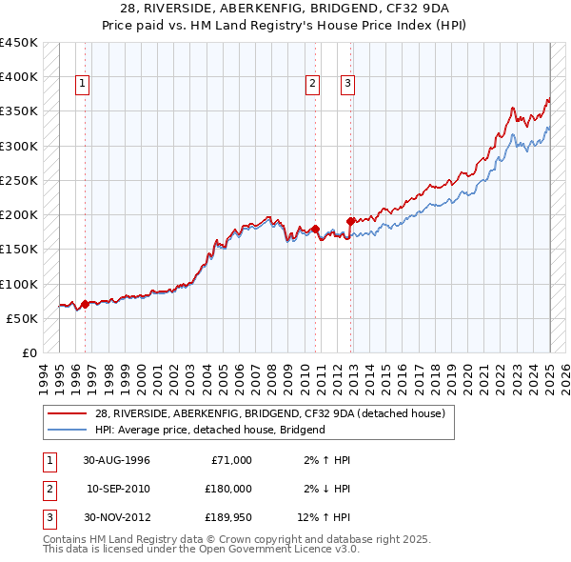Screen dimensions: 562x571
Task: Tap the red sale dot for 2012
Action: tap(351, 221)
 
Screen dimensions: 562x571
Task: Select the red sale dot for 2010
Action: tap(315, 229)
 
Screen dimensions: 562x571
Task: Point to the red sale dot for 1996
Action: tap(85, 304)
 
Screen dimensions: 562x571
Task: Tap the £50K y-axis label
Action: tap(23, 318)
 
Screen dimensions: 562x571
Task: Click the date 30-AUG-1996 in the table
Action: tap(117, 460)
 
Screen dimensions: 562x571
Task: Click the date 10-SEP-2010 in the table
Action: tap(117, 489)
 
